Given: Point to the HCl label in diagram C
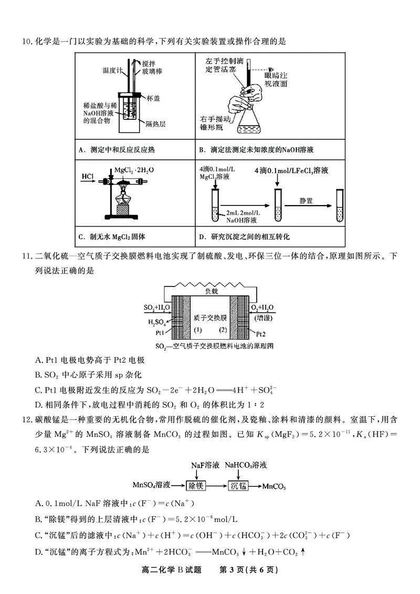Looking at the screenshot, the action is (x=88, y=176).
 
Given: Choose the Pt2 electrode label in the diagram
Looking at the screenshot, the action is (x=260, y=333).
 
